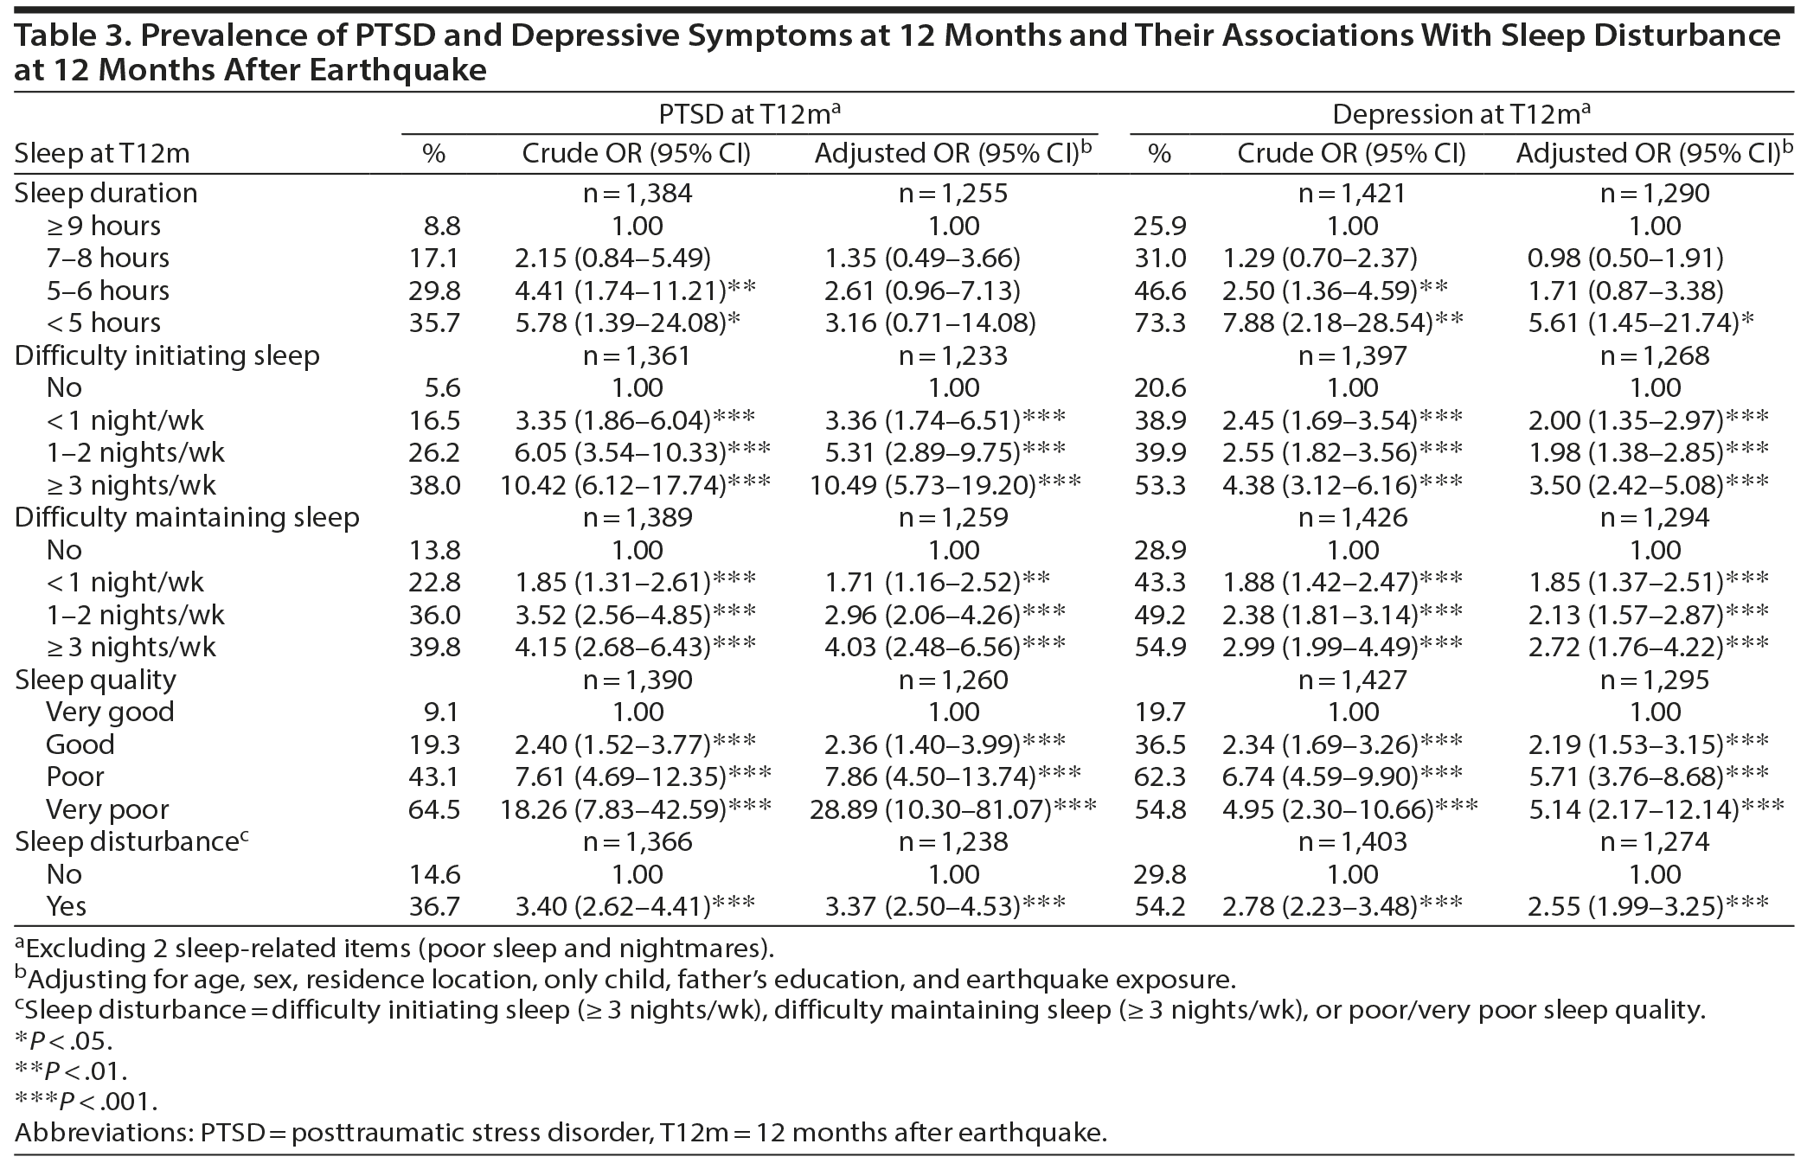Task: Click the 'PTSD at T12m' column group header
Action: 749,114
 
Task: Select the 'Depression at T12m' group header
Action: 1461,114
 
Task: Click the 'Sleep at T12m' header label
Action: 101,154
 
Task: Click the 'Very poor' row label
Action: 107,809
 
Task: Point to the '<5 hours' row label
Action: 104,323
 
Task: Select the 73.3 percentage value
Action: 1159,323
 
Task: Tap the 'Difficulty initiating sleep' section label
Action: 167,355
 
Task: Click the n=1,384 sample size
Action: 638,193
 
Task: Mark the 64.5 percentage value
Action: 434,809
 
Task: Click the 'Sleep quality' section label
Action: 95,680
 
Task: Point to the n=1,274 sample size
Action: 1655,841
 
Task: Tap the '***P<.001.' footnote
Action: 87,1101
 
